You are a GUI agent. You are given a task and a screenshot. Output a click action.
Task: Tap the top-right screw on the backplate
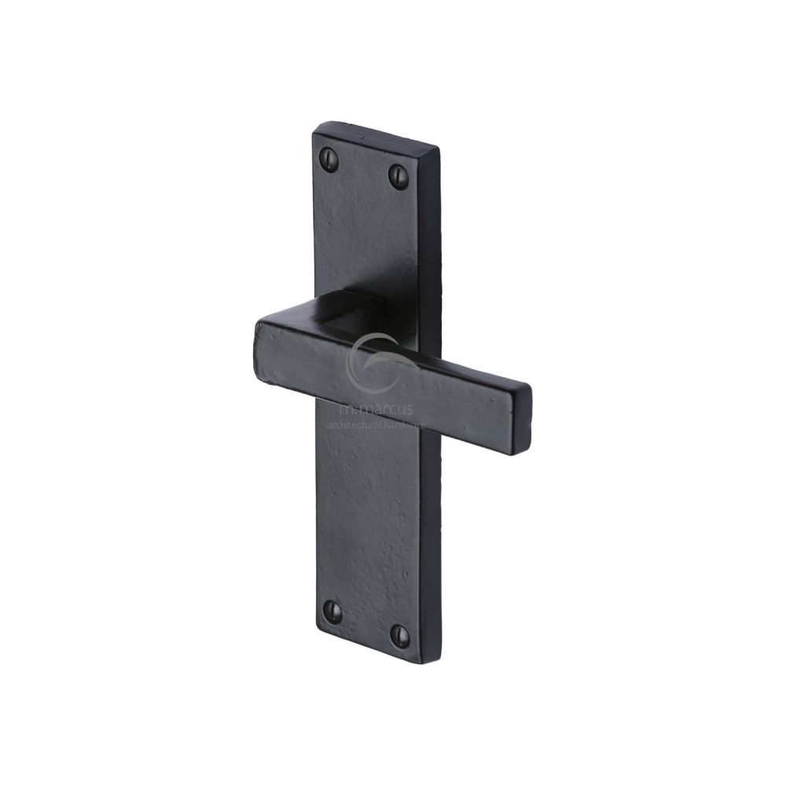pyautogui.click(x=399, y=177)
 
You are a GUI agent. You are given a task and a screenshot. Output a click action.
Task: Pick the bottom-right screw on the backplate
pyautogui.click(x=399, y=634)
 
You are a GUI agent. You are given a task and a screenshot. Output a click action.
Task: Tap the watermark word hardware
pyautogui.click(x=406, y=424)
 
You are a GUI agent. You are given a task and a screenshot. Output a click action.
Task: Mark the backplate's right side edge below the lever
pyautogui.click(x=430, y=550)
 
